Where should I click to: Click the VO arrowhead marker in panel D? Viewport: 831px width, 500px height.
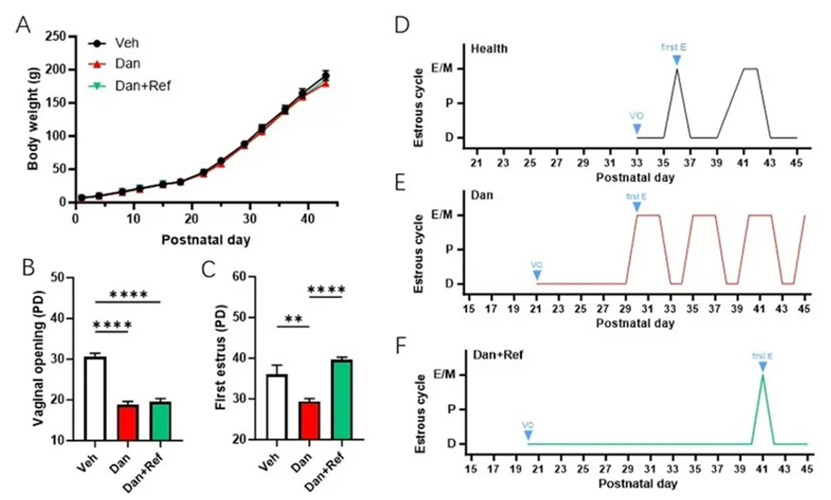[x=637, y=129]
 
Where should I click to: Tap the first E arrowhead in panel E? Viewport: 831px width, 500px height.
[x=637, y=207]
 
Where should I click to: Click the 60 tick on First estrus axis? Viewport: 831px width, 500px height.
[x=256, y=275]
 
